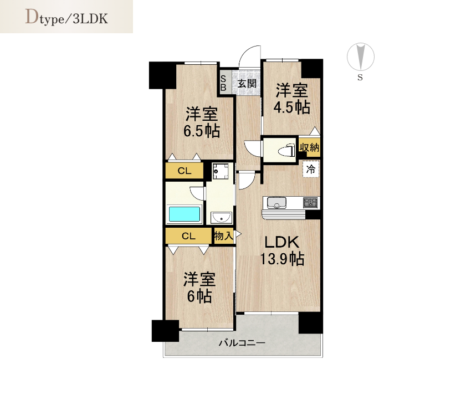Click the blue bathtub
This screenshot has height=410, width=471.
[x=185, y=214]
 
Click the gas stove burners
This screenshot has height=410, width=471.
[x=310, y=203]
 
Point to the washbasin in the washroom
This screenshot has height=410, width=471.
[x=221, y=218]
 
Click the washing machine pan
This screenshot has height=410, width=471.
[x=221, y=172]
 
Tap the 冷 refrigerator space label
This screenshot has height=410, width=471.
[x=311, y=170]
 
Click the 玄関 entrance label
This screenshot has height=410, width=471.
[x=247, y=83]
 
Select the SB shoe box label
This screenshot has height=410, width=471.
[x=223, y=83]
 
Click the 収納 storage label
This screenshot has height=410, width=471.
[x=309, y=147]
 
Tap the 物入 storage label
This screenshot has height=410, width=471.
[x=223, y=235]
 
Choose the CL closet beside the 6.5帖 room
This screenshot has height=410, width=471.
[x=184, y=171]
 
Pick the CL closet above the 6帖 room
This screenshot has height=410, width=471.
[x=188, y=236]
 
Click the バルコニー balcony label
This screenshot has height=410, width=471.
[x=242, y=343]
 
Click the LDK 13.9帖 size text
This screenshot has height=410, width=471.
[x=282, y=251]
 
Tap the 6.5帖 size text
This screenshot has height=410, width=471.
[x=202, y=131]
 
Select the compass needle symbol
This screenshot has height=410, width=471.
[x=361, y=57]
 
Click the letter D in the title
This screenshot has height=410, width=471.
[x=32, y=17]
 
